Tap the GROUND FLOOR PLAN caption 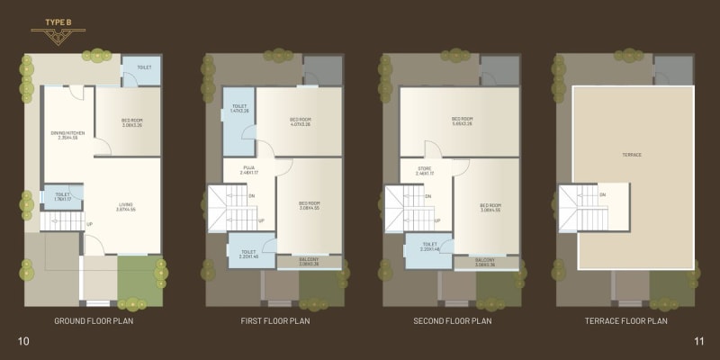tap(94, 320)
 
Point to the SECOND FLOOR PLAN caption tap(451, 320)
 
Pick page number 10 tap(23, 340)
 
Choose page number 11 tap(698, 340)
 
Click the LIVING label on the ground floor tap(126, 206)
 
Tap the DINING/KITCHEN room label tap(67, 135)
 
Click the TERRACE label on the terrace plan tap(632, 155)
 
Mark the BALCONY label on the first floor tap(309, 261)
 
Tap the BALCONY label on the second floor tap(486, 261)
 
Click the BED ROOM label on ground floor tap(132, 122)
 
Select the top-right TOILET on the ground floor tap(144, 68)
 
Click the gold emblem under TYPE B tap(56, 37)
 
